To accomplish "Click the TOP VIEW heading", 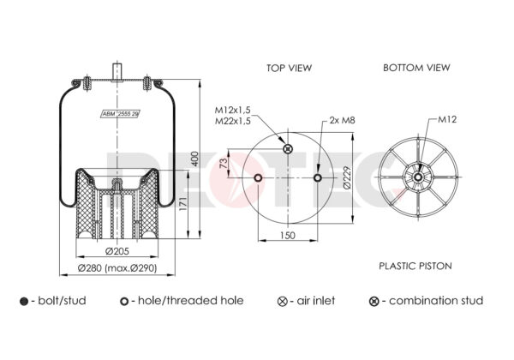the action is click(289, 68).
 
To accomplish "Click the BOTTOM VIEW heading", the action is click(416, 68).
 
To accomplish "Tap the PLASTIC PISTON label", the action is click(415, 266).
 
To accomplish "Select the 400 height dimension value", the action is click(194, 159).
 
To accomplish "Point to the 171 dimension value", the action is click(183, 204).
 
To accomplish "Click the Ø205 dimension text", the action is click(117, 251).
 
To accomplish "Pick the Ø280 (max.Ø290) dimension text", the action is click(117, 268).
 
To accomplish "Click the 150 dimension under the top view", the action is click(288, 235).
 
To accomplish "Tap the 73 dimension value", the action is click(223, 163).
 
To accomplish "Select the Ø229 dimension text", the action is click(347, 177).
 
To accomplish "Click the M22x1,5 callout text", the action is click(233, 121).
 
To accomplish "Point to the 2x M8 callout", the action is click(342, 120).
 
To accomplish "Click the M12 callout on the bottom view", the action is click(447, 119).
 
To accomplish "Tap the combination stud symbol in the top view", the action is click(288, 148).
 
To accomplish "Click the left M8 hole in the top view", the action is click(258, 177).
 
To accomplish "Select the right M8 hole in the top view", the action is click(317, 177).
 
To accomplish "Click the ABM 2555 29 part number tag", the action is click(120, 114).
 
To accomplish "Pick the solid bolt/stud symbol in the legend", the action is click(24, 302).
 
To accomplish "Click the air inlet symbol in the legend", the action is click(282, 302).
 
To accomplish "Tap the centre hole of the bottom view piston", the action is click(418, 177).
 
